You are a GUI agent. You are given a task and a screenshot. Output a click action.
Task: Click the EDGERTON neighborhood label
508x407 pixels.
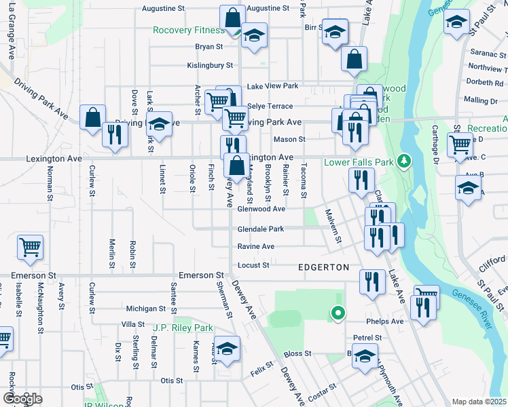[323, 268]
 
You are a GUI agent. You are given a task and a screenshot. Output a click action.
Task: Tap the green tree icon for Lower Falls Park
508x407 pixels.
[405, 161]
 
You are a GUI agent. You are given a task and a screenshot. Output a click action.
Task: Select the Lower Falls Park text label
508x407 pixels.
[359, 162]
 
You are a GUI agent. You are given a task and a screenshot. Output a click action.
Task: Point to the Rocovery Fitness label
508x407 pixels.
[188, 31]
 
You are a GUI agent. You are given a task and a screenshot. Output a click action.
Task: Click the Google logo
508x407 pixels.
[22, 399]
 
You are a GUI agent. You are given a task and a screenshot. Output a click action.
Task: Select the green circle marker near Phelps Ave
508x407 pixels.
[337, 313]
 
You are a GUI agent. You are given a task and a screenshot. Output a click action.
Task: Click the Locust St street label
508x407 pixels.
[253, 265]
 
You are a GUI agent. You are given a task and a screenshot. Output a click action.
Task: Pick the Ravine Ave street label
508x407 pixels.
[255, 247]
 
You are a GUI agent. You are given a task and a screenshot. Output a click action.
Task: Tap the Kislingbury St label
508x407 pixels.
[210, 66]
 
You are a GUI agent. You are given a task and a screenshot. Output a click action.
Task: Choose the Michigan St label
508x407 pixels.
[141, 309]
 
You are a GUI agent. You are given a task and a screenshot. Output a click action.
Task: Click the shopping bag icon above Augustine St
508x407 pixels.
[232, 16]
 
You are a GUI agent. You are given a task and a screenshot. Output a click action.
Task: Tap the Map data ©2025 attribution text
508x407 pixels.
[479, 402]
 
